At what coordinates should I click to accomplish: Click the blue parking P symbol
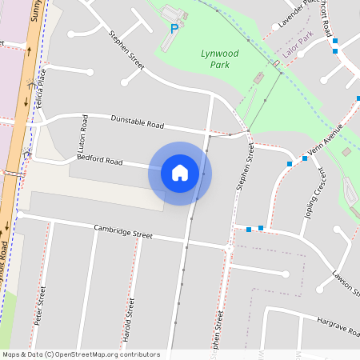[x=174, y=29]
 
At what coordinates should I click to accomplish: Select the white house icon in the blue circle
[x=180, y=173]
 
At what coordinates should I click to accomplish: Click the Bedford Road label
[x=99, y=160]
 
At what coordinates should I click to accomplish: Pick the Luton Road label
[x=82, y=138]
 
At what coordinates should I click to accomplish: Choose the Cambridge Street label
[x=122, y=232]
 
